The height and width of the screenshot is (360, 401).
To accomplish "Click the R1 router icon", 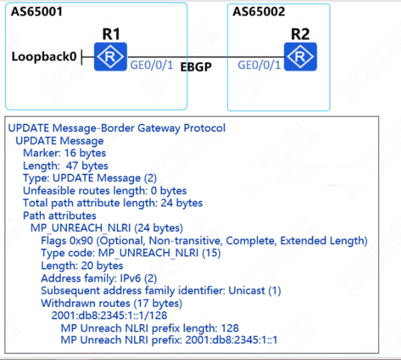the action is click(x=110, y=57).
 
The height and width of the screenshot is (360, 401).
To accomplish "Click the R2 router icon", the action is click(x=300, y=57).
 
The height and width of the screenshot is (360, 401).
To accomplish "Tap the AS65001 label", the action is click(x=37, y=11).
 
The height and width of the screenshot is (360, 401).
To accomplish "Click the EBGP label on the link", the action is click(x=196, y=67).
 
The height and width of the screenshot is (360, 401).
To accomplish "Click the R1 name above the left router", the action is click(x=111, y=34).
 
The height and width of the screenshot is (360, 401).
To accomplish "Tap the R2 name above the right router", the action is click(x=300, y=34).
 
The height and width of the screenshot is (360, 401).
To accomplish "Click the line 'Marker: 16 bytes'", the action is click(x=64, y=153).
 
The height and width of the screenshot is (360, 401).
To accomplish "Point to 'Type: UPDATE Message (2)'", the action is click(x=90, y=178).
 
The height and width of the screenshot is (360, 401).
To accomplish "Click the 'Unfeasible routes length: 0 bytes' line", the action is click(x=105, y=191).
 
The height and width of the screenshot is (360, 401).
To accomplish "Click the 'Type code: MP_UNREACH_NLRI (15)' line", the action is click(x=131, y=253).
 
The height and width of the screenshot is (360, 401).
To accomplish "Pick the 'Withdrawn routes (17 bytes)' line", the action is click(x=111, y=303).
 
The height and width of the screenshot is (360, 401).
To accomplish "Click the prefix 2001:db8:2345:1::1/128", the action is click(x=109, y=315).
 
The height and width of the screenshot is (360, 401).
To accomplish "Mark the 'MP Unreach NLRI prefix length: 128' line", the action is click(x=150, y=328).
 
